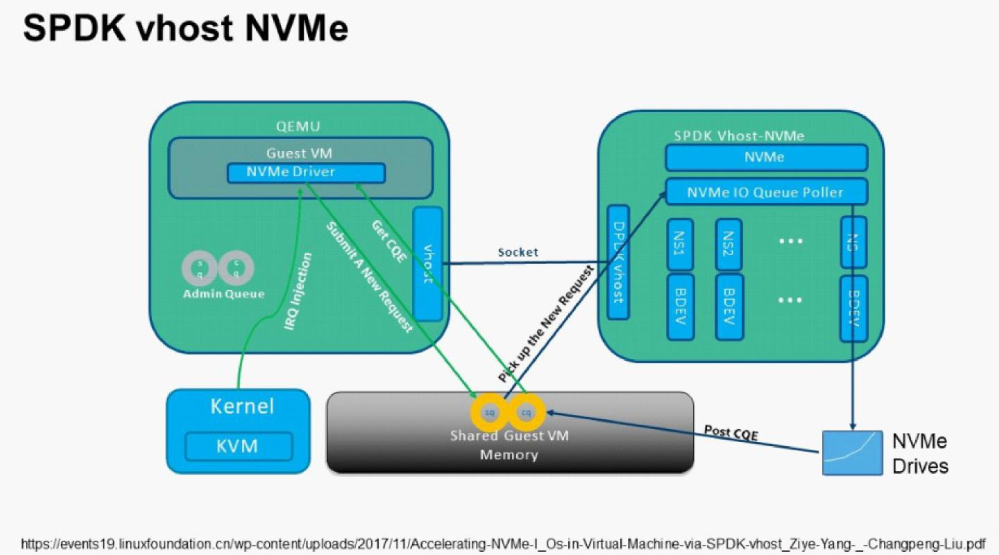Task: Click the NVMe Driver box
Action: pyautogui.click(x=306, y=173)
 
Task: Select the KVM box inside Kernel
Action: pyautogui.click(x=238, y=446)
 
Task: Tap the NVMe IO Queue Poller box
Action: pyautogui.click(x=766, y=192)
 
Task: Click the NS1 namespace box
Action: pyautogui.click(x=680, y=244)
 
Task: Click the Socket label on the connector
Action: pyautogui.click(x=518, y=252)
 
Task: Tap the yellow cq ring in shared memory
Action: pyautogui.click(x=526, y=412)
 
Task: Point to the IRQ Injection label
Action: pyautogui.click(x=298, y=291)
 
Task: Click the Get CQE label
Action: pyautogui.click(x=389, y=241)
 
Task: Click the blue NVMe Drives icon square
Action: pyautogui.click(x=852, y=453)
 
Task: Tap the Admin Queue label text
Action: pyautogui.click(x=224, y=294)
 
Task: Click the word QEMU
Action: pyautogui.click(x=298, y=126)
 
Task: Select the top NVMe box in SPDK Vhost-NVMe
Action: pyautogui.click(x=766, y=157)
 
